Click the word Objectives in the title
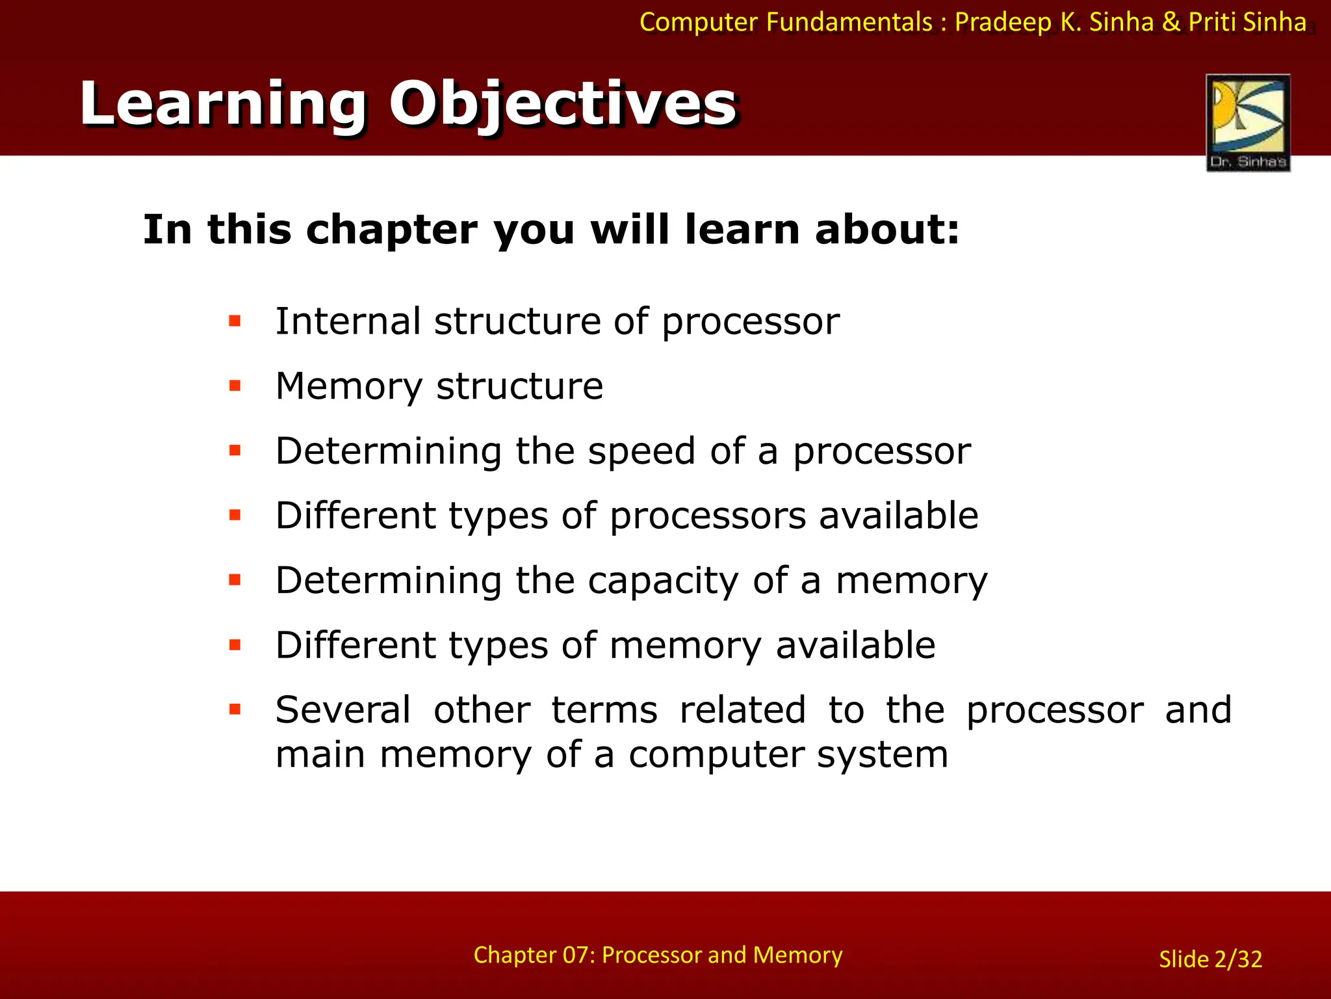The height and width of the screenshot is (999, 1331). [x=562, y=104]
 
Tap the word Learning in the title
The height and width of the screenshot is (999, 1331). [x=223, y=104]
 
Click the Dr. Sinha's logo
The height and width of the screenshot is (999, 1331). [x=1248, y=122]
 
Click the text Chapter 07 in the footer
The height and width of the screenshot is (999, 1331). [x=533, y=955]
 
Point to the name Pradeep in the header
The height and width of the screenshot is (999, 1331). [x=1003, y=23]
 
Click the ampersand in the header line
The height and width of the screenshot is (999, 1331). [x=1170, y=23]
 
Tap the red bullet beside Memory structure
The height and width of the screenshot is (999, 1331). [x=235, y=386]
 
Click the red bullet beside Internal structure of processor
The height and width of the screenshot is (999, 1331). [x=235, y=321]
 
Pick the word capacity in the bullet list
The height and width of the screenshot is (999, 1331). [x=663, y=581]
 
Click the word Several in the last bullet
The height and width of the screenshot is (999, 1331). [x=343, y=710]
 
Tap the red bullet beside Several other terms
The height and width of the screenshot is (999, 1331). [x=235, y=710]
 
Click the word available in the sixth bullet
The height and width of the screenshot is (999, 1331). [x=855, y=645]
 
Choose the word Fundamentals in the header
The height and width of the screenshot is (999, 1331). [x=849, y=23]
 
